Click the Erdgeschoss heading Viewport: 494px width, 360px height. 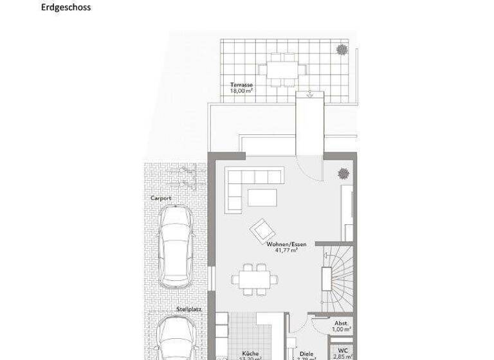coord(66,8)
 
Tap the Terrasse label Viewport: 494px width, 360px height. coord(241,84)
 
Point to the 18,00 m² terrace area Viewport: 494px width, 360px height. coord(241,91)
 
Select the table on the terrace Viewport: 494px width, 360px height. coord(281,67)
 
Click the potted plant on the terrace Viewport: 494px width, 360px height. coord(342,49)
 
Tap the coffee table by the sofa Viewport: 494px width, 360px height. coord(262,196)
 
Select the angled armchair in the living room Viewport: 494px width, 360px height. coord(261,228)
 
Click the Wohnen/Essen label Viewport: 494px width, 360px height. coord(287,244)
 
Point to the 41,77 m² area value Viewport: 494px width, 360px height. coord(287,251)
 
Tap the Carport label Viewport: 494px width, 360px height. coord(161,198)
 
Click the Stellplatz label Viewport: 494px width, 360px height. coord(187,309)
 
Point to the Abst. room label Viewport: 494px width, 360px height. coord(342,323)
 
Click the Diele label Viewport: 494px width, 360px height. coord(306,353)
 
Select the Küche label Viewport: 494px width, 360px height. coord(250,353)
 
